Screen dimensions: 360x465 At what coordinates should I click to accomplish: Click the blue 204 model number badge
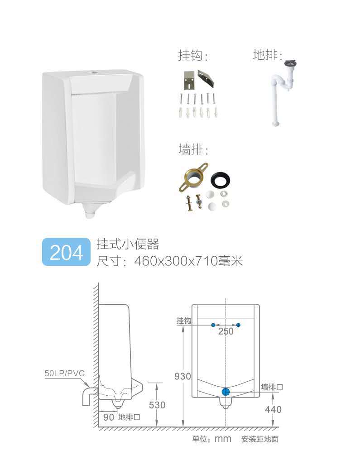[66, 252]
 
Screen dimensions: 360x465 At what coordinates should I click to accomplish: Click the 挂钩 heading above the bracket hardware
[192, 56]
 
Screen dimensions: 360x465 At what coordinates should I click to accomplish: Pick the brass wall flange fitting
[193, 177]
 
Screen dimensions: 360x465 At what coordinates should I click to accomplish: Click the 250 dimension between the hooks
[226, 331]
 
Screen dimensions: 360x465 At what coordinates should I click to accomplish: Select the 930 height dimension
[182, 376]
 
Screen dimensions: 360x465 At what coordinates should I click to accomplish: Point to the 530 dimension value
[157, 405]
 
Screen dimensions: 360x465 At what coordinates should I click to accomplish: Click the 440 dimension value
[273, 409]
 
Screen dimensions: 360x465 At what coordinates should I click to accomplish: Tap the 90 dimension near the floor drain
[108, 417]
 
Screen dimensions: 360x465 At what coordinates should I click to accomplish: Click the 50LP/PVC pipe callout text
[64, 374]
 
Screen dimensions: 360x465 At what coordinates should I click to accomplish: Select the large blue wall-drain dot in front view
[226, 392]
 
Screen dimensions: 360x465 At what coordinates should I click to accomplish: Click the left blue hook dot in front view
[213, 325]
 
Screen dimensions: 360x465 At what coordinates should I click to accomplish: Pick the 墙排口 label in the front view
[272, 387]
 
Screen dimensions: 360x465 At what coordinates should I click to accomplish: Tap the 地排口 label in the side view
[129, 417]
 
